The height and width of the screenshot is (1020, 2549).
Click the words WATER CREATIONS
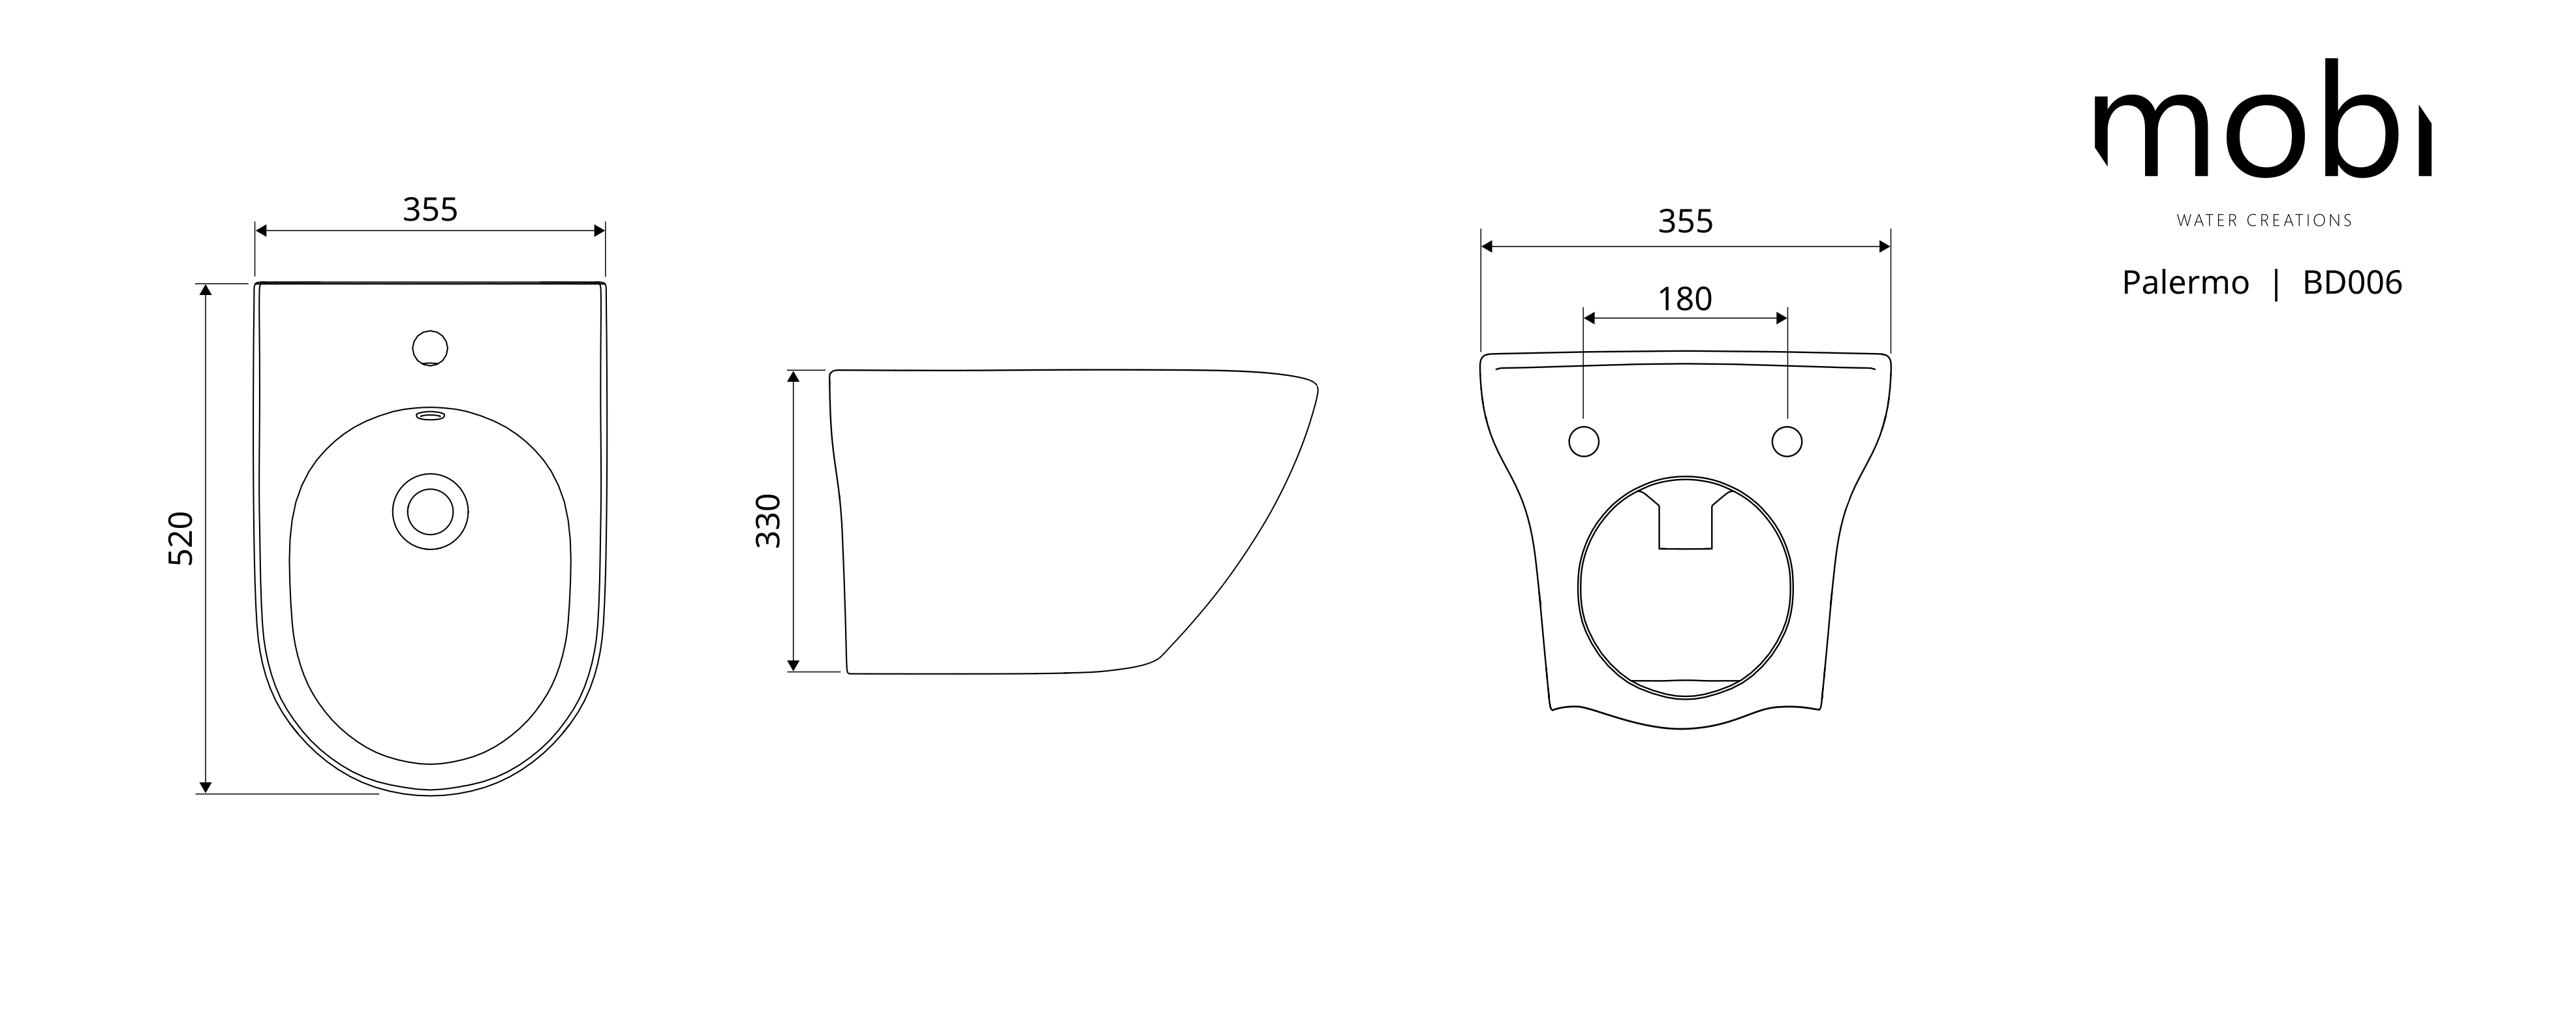[2264, 221]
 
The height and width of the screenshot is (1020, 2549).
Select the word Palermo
[2185, 283]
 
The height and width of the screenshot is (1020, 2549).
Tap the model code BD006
[2352, 283]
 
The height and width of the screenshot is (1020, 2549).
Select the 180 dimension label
[1684, 299]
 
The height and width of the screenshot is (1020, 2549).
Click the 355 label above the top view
[431, 209]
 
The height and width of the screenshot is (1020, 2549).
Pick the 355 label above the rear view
[1685, 222]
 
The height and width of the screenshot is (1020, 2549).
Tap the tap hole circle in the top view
[429, 348]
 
